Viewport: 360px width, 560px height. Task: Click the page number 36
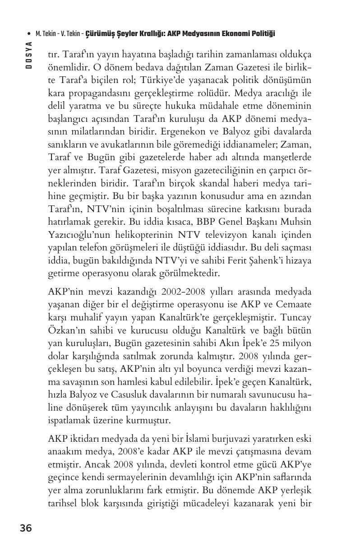pyautogui.click(x=26, y=528)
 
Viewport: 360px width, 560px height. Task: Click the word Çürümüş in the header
pyautogui.click(x=98, y=34)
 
